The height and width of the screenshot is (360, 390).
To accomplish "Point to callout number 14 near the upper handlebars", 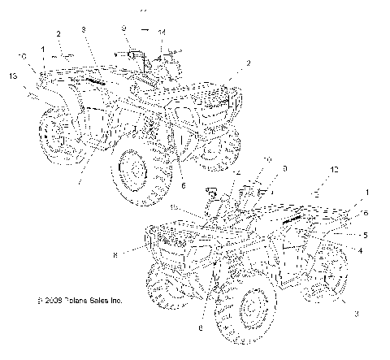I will [x=161, y=32].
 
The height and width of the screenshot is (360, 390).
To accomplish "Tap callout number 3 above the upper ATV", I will [x=83, y=30].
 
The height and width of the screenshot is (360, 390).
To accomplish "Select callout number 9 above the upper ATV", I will [x=123, y=28].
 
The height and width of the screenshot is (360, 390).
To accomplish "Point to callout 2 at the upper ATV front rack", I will [x=237, y=63].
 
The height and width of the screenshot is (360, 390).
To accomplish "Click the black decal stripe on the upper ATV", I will [x=91, y=82].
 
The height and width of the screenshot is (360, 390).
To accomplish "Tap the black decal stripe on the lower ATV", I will [x=292, y=219].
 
